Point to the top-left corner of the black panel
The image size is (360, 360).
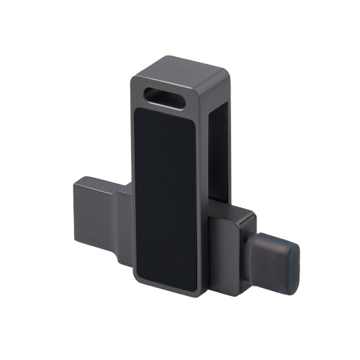click(139, 112)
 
